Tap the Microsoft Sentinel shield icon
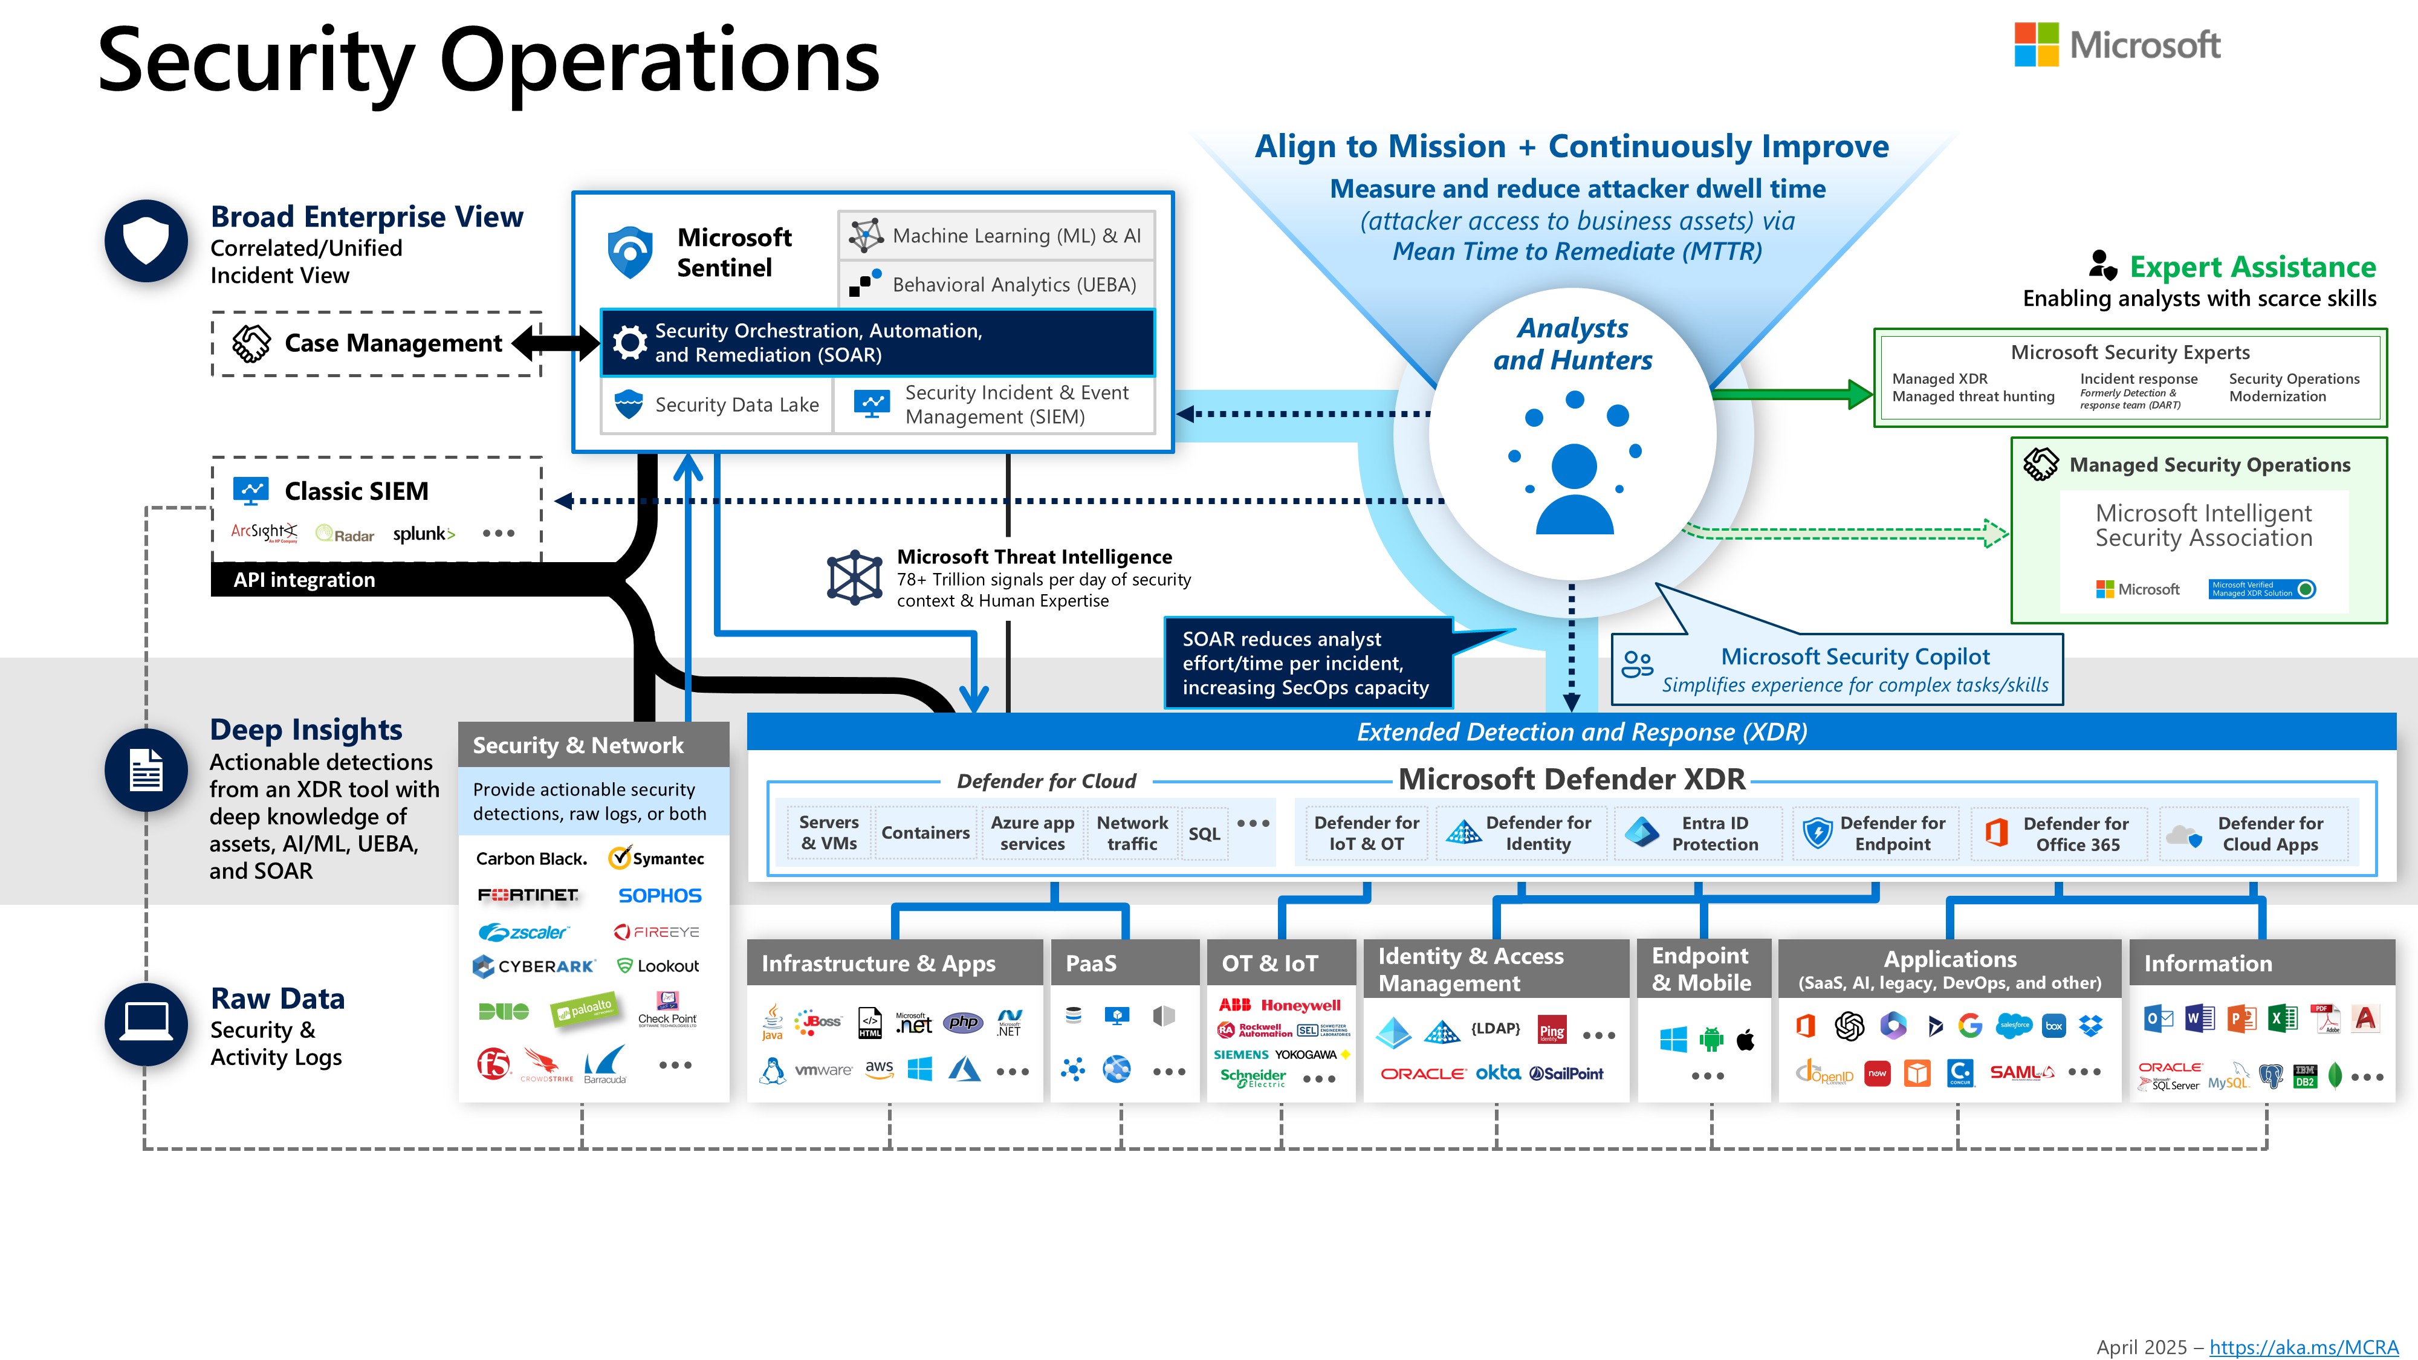tap(630, 251)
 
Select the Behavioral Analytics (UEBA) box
tap(996, 284)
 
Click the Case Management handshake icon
tap(251, 343)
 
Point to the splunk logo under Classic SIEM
tap(423, 534)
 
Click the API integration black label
tap(304, 580)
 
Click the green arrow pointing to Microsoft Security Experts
tap(1793, 393)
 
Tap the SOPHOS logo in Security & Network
tap(660, 895)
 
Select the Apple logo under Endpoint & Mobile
tap(1746, 1039)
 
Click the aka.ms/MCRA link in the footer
tap(2304, 1347)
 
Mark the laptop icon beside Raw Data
tap(146, 1023)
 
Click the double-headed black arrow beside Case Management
tap(556, 343)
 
